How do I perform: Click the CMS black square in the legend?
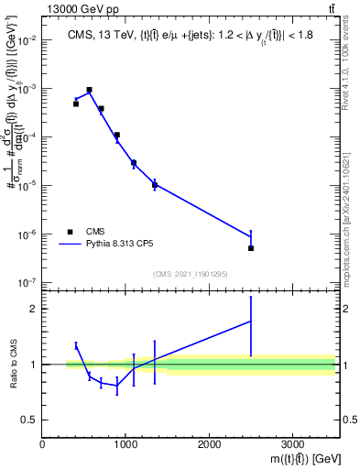(x=71, y=232)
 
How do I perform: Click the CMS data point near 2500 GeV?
(x=250, y=248)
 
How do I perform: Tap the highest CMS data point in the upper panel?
(x=89, y=90)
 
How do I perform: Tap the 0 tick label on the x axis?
(x=42, y=444)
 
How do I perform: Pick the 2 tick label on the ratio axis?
(x=34, y=309)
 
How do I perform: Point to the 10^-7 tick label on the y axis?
(x=26, y=282)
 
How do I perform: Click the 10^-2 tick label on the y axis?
(x=26, y=41)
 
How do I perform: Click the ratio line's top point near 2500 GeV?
(x=250, y=322)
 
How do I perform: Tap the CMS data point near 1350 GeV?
(x=155, y=185)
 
